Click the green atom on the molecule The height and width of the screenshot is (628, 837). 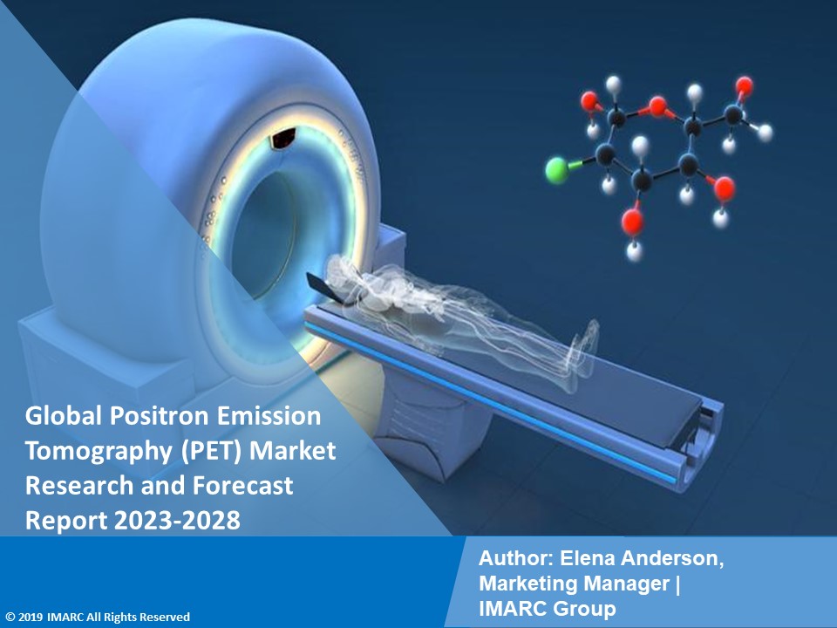pyautogui.click(x=555, y=169)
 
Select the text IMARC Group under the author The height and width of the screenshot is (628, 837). pyautogui.click(x=547, y=609)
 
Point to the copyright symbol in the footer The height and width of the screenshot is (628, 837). pyautogui.click(x=9, y=618)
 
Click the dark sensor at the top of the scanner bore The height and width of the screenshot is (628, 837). pyautogui.click(x=283, y=136)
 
